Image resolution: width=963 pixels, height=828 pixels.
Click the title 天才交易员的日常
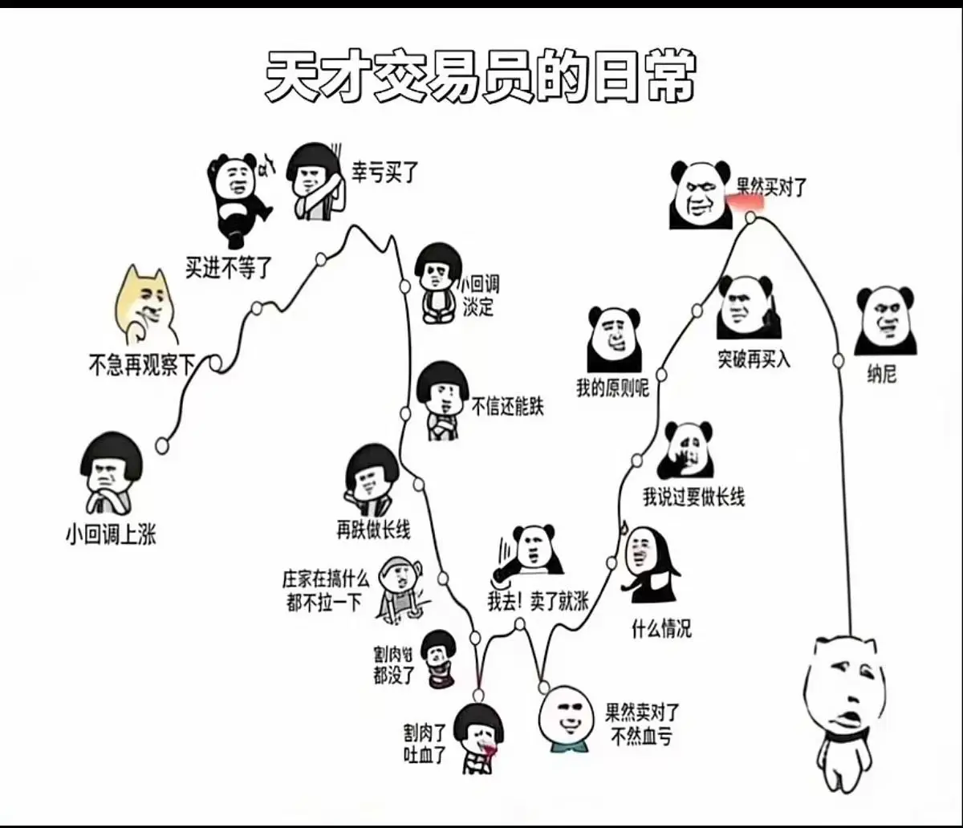tap(479, 79)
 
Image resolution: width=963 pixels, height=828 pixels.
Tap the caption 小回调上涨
tap(111, 535)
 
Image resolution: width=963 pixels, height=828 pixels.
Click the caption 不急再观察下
tap(141, 367)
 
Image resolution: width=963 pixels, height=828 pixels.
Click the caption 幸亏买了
tap(385, 171)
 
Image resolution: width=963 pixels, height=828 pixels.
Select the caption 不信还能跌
tap(507, 407)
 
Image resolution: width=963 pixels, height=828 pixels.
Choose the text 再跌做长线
tap(373, 530)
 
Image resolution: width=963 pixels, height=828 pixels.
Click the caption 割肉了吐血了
tap(425, 743)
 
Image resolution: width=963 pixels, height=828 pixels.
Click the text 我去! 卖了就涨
tap(537, 602)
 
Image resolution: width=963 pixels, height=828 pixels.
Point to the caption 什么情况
tap(661, 629)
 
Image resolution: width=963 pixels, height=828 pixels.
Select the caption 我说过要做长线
tap(693, 497)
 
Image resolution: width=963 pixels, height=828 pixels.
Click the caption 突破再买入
tap(754, 359)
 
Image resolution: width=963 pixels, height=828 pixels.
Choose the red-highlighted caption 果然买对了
tap(771, 189)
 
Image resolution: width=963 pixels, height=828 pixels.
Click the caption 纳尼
tap(882, 374)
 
